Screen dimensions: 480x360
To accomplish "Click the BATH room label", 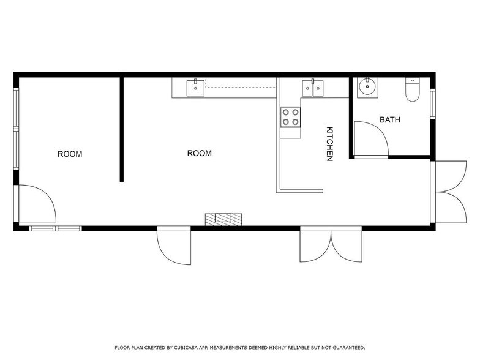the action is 389,120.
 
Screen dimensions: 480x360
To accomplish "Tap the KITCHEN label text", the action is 329,143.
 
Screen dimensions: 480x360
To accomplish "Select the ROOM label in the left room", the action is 70,154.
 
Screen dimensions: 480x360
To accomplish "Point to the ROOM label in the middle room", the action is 200,153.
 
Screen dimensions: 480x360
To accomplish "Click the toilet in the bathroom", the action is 413,89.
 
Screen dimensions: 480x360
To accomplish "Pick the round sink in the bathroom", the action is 367,87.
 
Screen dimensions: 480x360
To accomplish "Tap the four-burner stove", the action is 290,117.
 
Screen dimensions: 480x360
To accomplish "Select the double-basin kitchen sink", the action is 312,88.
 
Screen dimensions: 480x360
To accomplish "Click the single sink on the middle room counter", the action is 196,88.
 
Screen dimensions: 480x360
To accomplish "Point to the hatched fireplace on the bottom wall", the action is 223,219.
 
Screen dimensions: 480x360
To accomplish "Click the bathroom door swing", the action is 371,140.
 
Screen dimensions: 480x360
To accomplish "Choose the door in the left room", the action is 37,203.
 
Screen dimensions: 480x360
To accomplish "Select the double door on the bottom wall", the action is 331,244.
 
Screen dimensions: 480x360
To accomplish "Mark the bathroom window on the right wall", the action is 432,103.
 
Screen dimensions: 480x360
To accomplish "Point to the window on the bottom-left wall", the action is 55,228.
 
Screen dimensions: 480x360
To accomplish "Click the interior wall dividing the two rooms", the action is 121,129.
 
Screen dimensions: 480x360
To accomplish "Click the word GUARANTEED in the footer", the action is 349,348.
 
